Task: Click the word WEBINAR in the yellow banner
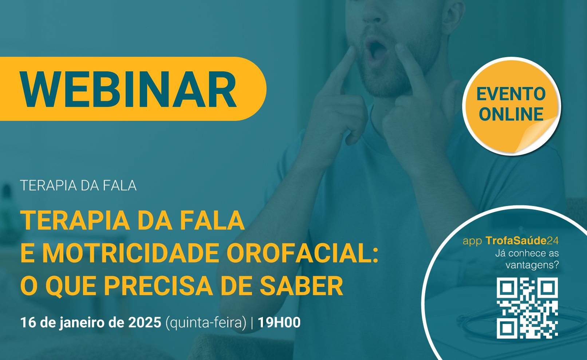coord(128,89)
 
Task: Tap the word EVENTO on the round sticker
coord(511,94)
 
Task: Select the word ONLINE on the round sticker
coord(511,114)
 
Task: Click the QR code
coord(527,308)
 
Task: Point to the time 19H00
coord(279,323)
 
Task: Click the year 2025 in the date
coord(145,323)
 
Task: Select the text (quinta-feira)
coord(206,323)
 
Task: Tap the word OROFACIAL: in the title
coord(303,253)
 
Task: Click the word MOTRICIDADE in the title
coord(130,253)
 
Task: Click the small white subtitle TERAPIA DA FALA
coord(78,186)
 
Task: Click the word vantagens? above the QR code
coord(532,265)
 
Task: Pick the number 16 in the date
coord(28,323)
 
